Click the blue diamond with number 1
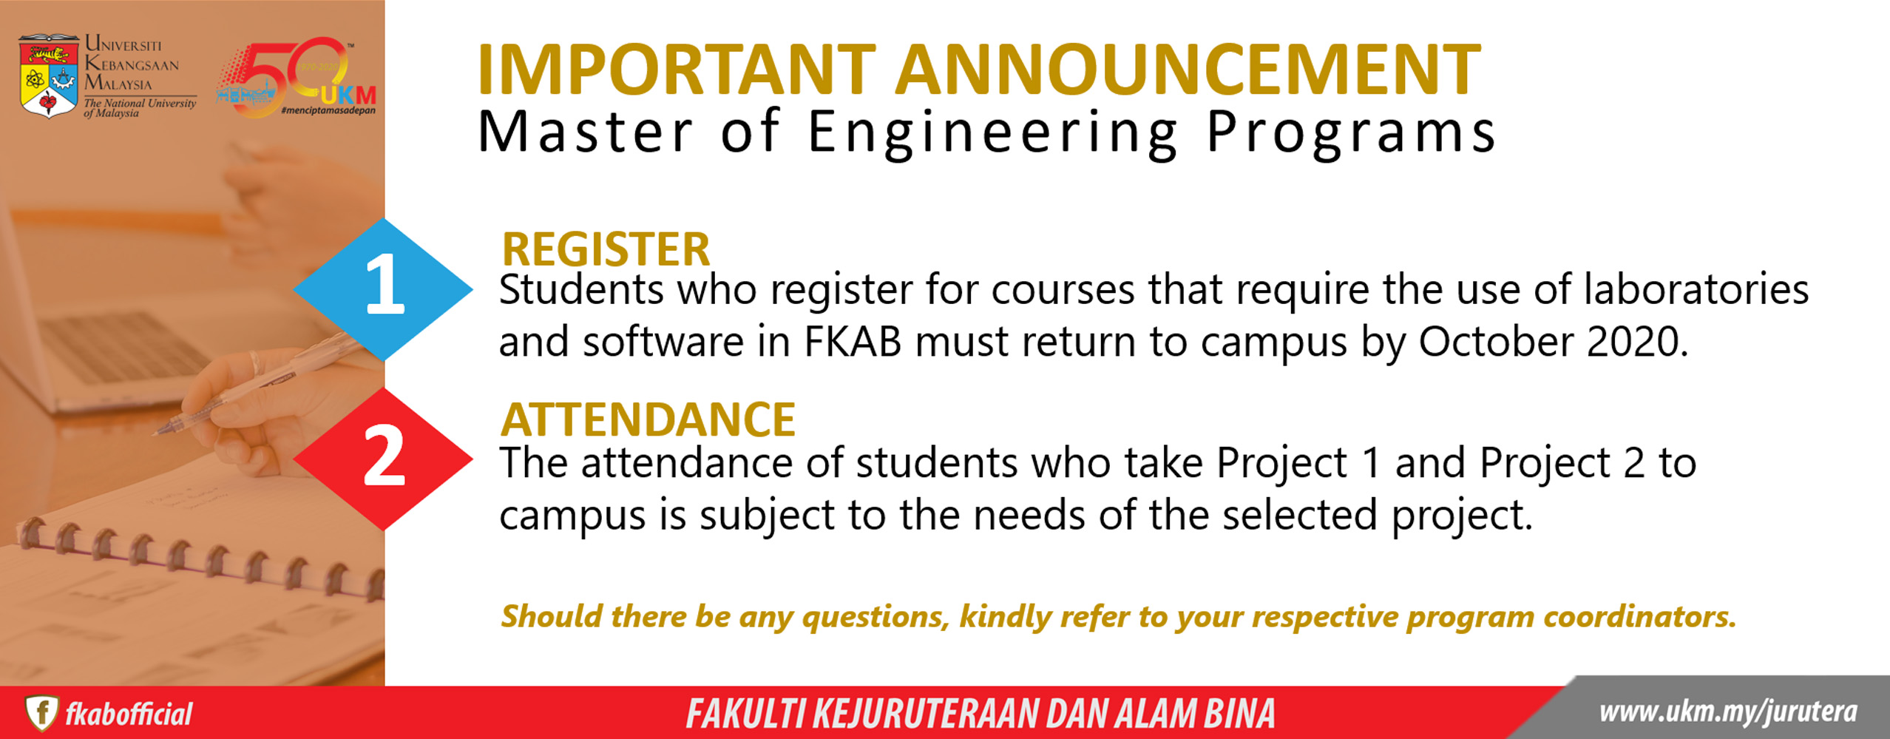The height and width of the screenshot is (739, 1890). (x=383, y=289)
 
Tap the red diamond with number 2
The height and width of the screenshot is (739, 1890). (x=383, y=459)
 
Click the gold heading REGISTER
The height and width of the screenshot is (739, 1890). (x=606, y=249)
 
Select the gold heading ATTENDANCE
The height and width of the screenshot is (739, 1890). (x=648, y=419)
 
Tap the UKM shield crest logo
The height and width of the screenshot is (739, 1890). (x=49, y=75)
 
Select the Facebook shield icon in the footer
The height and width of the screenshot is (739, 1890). (x=41, y=713)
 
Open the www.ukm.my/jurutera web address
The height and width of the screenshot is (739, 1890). (x=1728, y=712)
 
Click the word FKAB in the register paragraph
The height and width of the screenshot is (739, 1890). (x=853, y=342)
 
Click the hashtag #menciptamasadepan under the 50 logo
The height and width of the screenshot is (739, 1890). (x=328, y=111)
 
